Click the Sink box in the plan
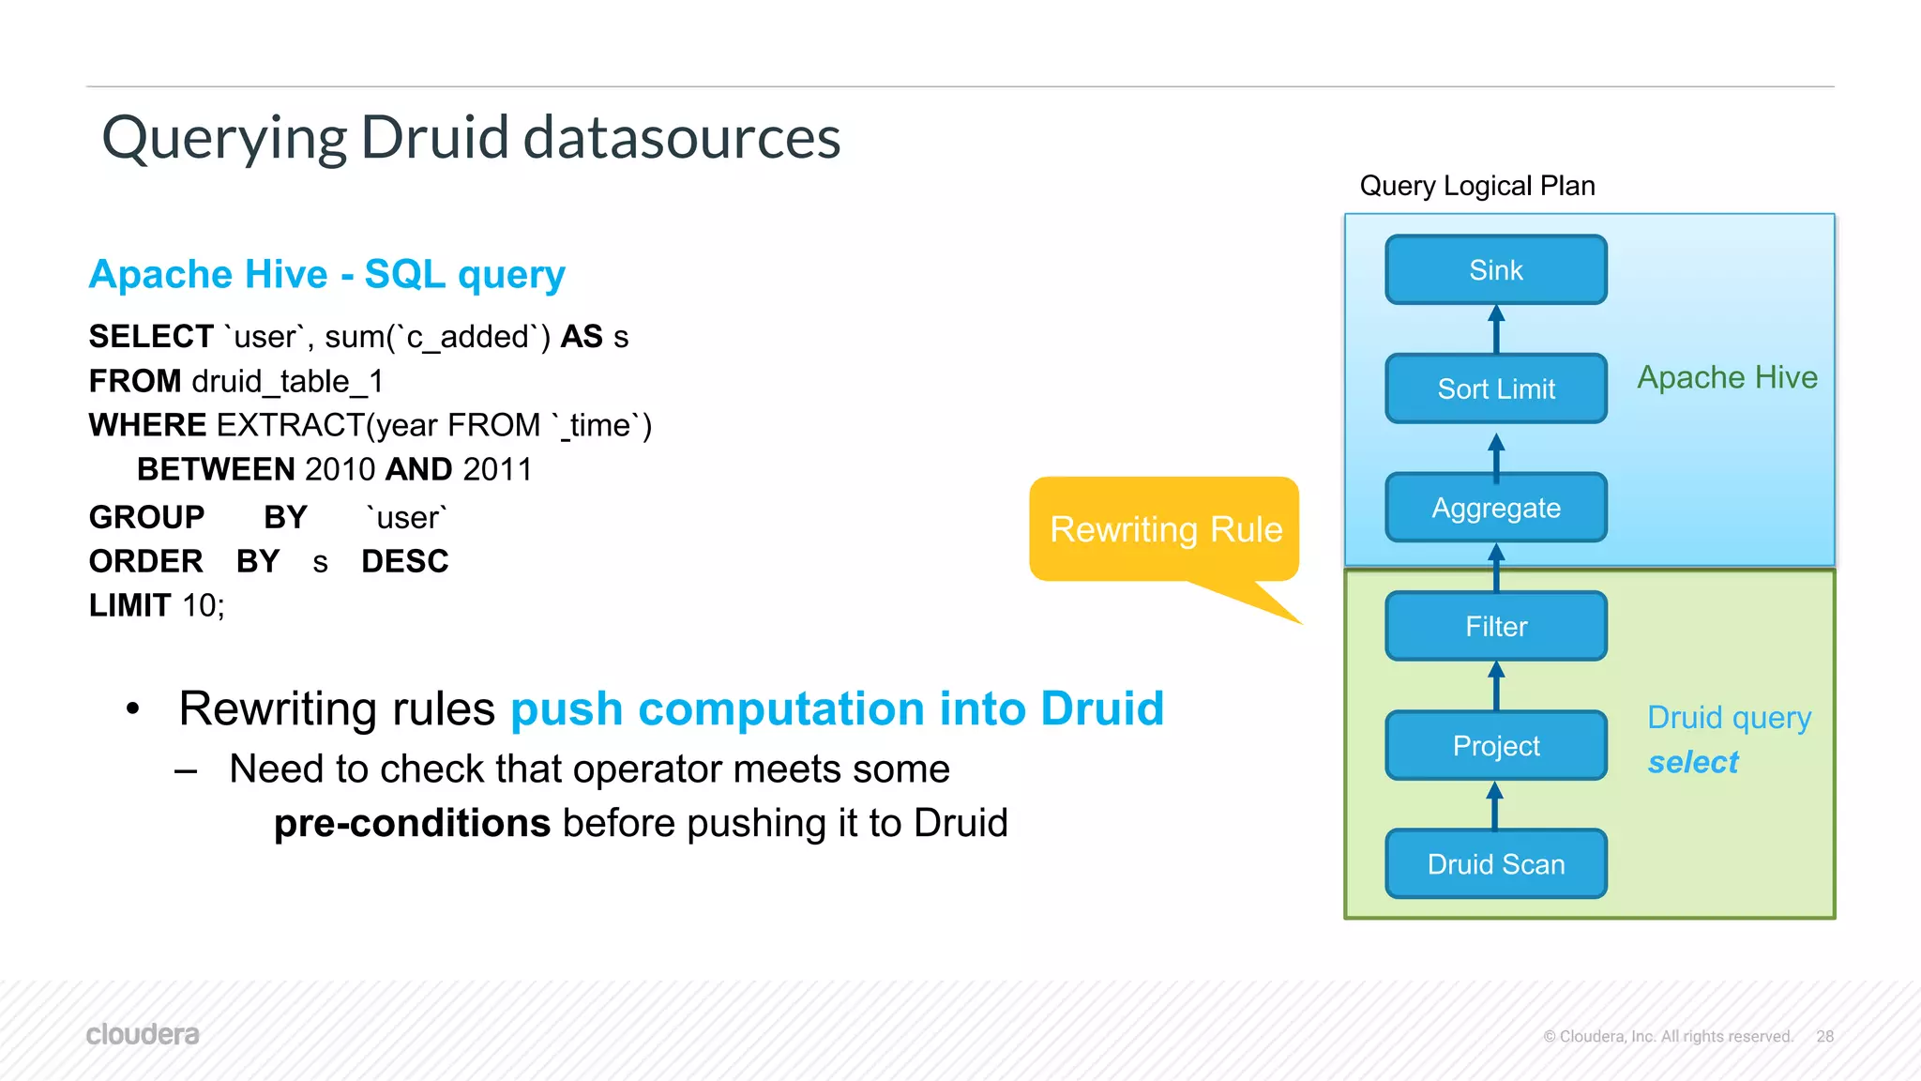tap(1495, 270)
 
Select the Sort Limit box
tap(1495, 388)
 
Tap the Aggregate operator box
tap(1495, 508)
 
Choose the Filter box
tap(1495, 626)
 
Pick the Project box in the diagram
tap(1495, 745)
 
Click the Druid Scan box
tap(1495, 864)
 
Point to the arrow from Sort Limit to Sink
tap(1496, 329)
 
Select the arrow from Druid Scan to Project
tap(1495, 806)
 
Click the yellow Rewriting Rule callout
tap(1164, 529)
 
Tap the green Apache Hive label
tap(1727, 377)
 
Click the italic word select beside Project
tap(1693, 762)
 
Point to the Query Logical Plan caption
tap(1476, 186)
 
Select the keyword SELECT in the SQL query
tap(151, 337)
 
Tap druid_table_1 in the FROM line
tap(287, 381)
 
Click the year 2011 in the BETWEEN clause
tap(497, 469)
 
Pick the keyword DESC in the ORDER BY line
tap(404, 561)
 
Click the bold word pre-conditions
tap(412, 823)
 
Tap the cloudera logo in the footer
tap(143, 1034)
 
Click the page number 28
tap(1824, 1036)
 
